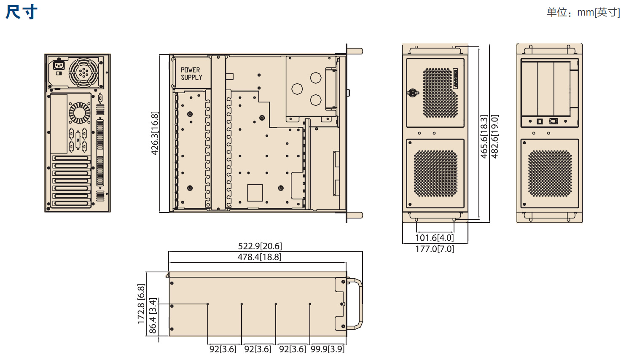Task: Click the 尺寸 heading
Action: [x=21, y=12]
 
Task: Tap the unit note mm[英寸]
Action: [x=599, y=12]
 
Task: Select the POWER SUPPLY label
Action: [x=191, y=73]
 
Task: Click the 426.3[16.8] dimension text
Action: [x=155, y=133]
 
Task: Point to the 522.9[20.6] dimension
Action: [x=260, y=246]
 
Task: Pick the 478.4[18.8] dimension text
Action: [x=259, y=257]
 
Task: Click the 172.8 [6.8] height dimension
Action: [x=141, y=304]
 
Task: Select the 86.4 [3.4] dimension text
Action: [x=153, y=316]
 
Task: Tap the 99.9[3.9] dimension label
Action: [x=328, y=349]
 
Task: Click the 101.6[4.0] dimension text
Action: [x=435, y=238]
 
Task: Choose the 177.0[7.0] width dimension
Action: [x=435, y=249]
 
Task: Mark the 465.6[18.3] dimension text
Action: [x=484, y=137]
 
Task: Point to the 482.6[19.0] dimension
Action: [x=494, y=137]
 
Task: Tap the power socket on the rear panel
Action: [x=59, y=66]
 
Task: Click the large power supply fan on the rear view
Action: [x=83, y=73]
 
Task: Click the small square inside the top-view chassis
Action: [x=255, y=193]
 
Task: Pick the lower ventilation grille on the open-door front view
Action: [x=550, y=173]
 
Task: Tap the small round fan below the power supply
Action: [x=80, y=113]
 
